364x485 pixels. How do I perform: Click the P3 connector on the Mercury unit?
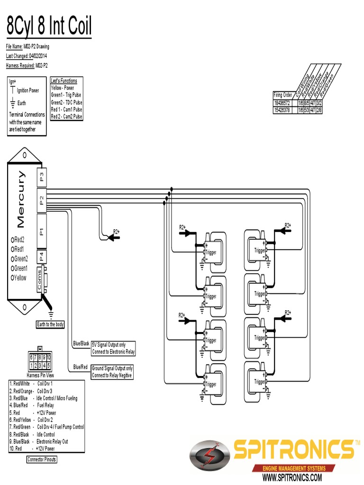(42, 178)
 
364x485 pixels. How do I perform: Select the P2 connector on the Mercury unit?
(42, 200)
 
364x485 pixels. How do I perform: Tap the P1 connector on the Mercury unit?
(42, 231)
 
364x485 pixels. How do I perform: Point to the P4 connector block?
(42, 257)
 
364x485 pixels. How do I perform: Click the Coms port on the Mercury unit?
(40, 279)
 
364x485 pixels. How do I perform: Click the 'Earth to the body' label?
(51, 324)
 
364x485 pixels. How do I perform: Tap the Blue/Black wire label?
(81, 343)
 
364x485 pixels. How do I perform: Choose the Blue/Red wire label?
(81, 367)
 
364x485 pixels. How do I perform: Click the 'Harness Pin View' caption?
(40, 375)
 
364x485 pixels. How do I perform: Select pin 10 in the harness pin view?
(49, 358)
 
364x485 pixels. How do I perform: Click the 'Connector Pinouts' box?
(42, 459)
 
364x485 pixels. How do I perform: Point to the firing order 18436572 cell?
(282, 103)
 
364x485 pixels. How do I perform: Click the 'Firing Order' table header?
(283, 95)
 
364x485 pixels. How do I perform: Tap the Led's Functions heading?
(64, 81)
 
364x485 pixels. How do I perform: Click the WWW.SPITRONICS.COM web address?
(292, 477)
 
